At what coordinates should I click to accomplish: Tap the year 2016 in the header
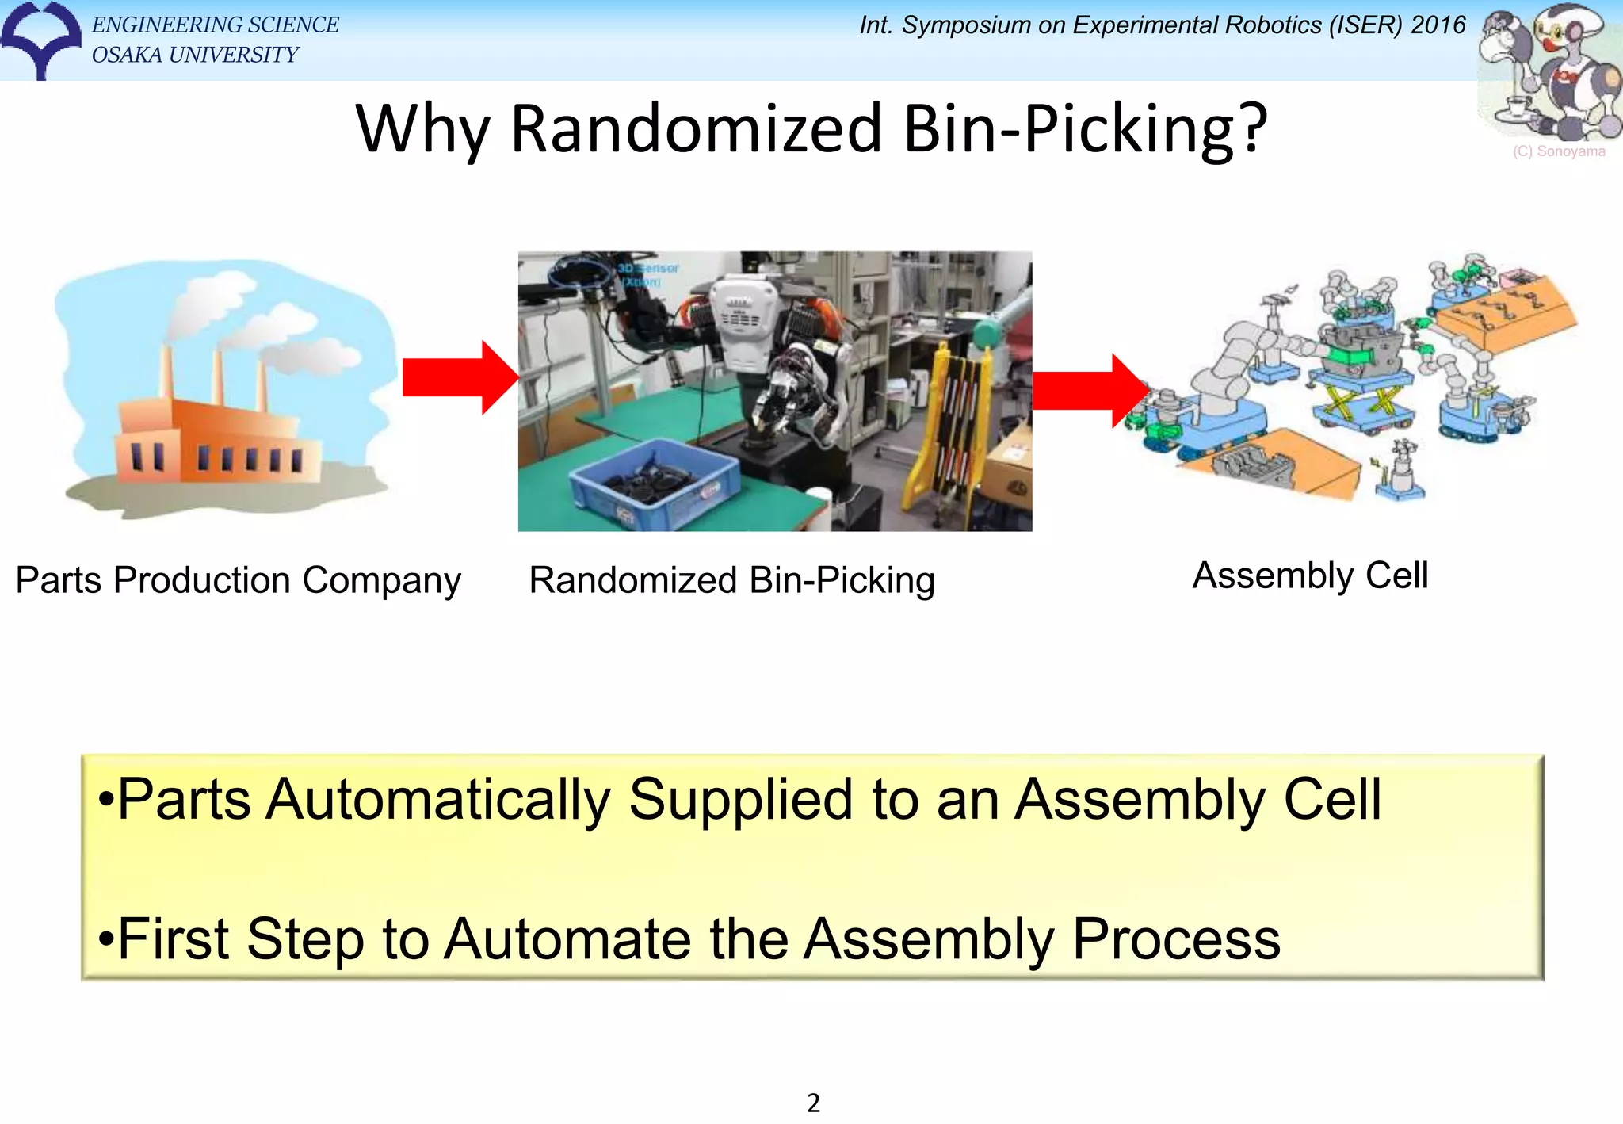coord(1438,25)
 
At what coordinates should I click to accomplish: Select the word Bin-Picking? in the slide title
coord(1085,128)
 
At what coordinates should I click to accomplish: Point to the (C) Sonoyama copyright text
coord(1558,151)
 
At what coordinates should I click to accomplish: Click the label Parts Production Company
coord(238,580)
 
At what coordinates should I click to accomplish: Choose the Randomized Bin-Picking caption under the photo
coord(731,580)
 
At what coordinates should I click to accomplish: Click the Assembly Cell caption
coord(1310,575)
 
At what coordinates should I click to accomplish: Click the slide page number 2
coord(813,1103)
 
